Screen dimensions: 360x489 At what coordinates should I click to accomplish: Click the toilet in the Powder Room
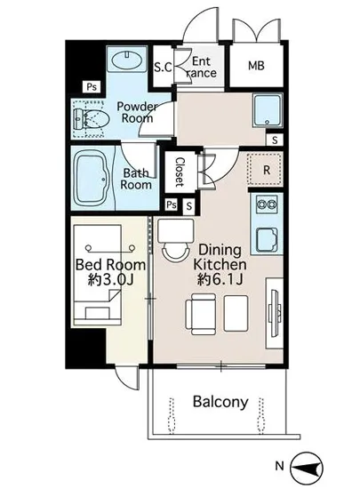91,119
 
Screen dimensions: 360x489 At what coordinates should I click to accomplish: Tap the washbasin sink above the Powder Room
127,60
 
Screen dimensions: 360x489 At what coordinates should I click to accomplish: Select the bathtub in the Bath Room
92,178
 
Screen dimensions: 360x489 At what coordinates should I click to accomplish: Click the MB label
256,66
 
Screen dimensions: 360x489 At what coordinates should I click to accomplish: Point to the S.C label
163,67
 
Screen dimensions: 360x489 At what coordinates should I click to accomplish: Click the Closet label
180,172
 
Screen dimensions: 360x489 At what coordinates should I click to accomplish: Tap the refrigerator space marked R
266,169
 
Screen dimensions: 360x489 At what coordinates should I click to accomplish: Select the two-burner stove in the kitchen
267,204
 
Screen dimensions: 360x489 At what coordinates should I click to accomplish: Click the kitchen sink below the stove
267,239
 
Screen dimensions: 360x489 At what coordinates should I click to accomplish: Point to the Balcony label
220,402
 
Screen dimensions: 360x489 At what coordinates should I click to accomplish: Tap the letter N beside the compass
279,466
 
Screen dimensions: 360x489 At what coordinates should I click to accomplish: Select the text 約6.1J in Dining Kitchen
220,279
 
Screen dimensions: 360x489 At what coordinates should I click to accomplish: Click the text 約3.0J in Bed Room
110,280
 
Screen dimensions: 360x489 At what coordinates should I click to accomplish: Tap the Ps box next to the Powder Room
92,87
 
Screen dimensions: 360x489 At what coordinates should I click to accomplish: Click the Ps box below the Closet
172,204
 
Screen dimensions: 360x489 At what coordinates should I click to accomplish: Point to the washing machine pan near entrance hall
268,110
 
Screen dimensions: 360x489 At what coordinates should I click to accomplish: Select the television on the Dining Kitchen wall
275,314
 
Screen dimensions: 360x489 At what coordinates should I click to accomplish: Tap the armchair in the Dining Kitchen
201,314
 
